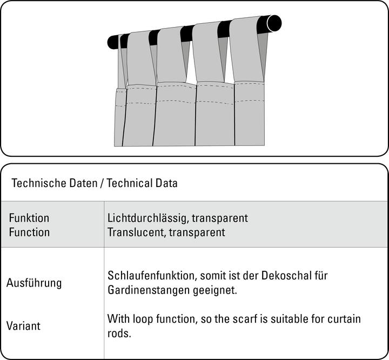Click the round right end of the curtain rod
pos(274,23)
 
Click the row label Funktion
pos(29,218)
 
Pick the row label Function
pos(29,232)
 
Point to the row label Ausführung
pos(34,283)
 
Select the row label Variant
pos(23,326)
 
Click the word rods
pos(119,333)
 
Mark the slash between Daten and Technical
pos(102,183)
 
